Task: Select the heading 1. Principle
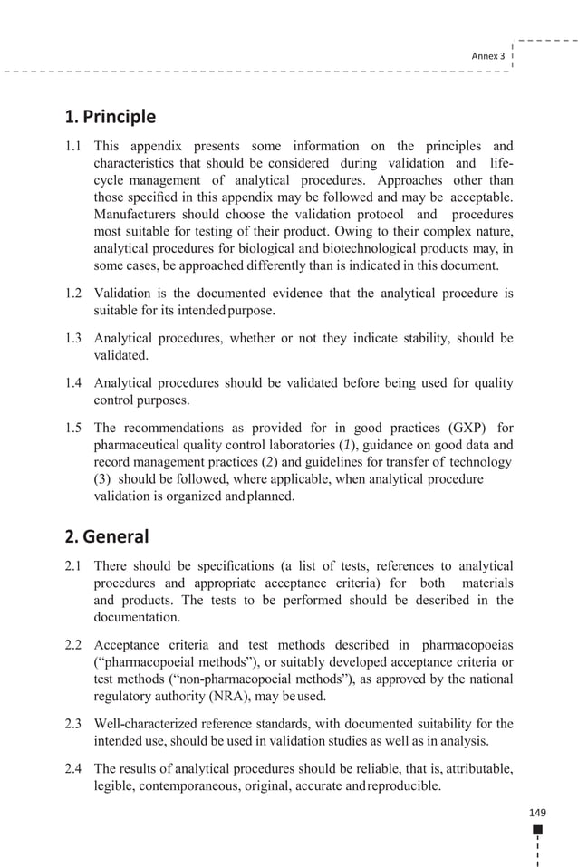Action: (x=111, y=117)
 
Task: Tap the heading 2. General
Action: (x=107, y=536)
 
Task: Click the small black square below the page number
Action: (x=537, y=830)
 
